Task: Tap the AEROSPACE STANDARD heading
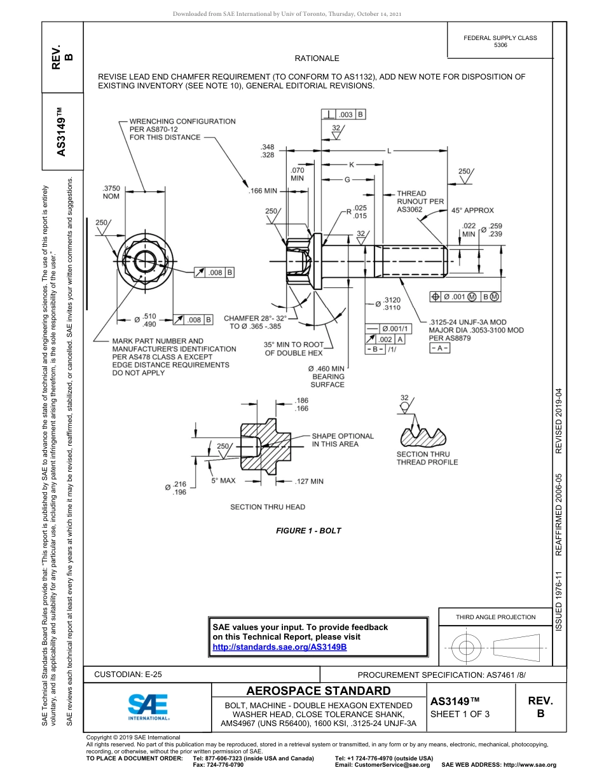coord(319,690)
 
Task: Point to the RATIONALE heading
coord(317,58)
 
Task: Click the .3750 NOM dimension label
coord(111,193)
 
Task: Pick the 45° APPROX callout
coord(472,210)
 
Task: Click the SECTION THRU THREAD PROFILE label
coord(427,458)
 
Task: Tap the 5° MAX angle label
coord(223,481)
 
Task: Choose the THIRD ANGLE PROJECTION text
coord(495,617)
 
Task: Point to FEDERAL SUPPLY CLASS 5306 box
coord(500,41)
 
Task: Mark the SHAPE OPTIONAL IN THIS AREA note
coord(342,440)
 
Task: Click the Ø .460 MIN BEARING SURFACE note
coord(327,376)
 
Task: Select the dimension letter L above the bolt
coord(388,151)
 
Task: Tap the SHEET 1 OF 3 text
coord(460,713)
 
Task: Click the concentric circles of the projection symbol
coord(467,648)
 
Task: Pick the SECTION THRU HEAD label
coord(267,507)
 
